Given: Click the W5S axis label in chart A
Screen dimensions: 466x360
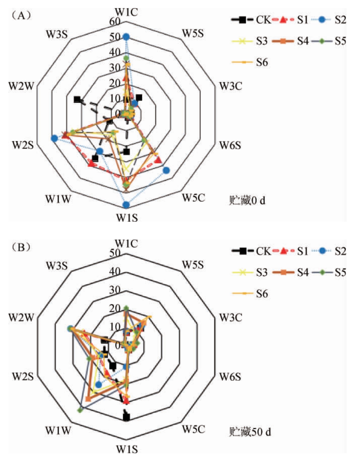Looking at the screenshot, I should point(193,33).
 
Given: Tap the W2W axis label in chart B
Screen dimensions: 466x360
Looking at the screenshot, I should point(21,317).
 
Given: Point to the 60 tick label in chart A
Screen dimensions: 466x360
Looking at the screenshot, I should point(115,21).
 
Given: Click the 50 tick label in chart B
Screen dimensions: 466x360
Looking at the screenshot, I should point(115,253).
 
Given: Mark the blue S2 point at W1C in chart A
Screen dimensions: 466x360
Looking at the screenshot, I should point(126,37).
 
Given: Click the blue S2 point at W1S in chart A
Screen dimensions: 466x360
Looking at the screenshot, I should point(126,205).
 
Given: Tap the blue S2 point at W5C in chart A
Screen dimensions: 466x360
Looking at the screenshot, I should point(166,170).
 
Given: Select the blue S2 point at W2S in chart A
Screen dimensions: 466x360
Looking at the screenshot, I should point(54,138).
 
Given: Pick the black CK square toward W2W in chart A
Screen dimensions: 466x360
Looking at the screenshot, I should point(78,99).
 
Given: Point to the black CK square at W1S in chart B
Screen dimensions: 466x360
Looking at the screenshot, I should point(126,417).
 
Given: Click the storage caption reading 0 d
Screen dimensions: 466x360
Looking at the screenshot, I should point(247,201).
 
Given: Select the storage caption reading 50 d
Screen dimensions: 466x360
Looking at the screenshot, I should point(250,432).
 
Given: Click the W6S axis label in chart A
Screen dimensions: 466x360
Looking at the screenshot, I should point(230,145).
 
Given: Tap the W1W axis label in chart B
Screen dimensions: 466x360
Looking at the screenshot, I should point(58,430).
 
